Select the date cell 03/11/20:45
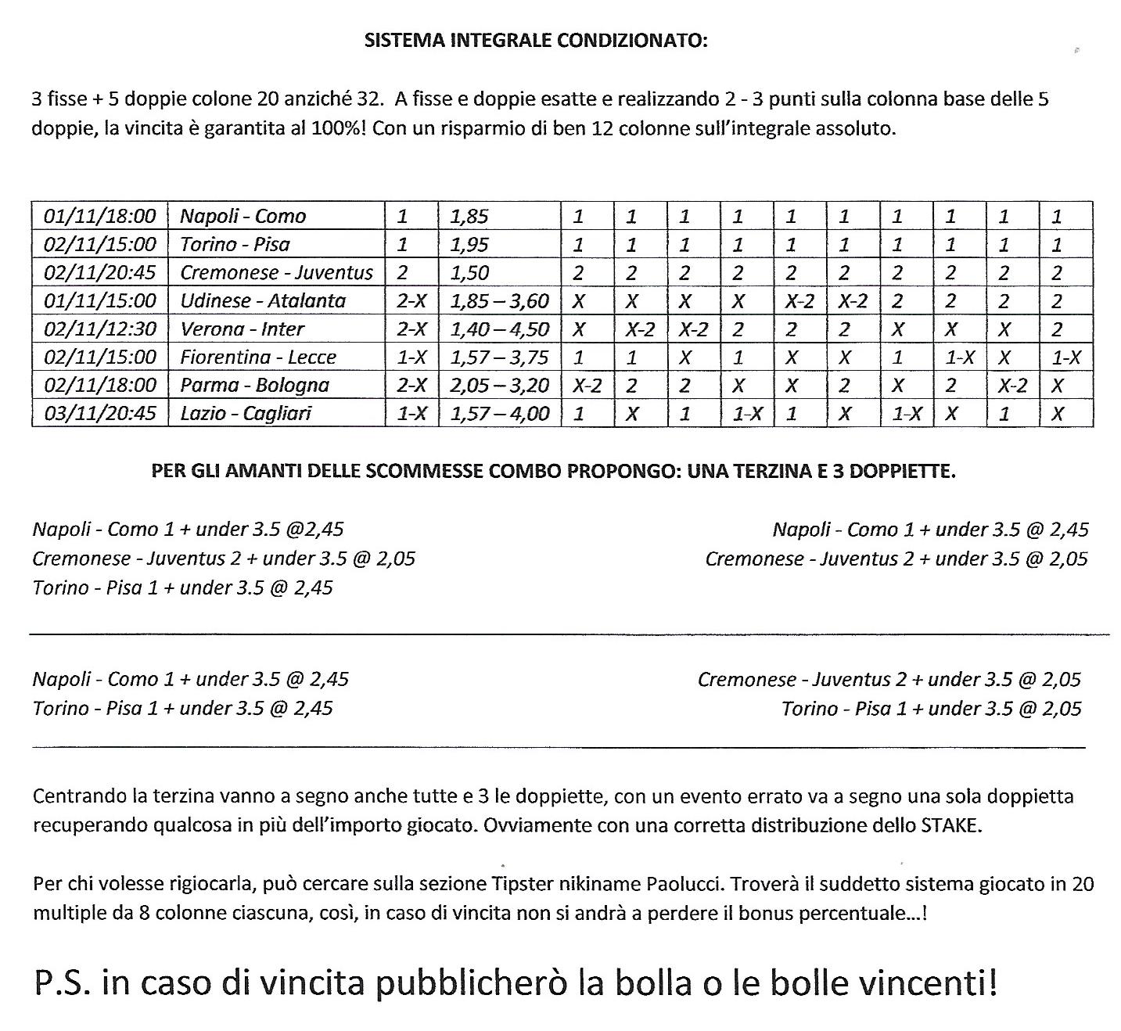[100, 413]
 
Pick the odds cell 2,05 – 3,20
[499, 385]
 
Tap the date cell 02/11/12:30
[100, 329]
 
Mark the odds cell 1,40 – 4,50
[499, 329]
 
